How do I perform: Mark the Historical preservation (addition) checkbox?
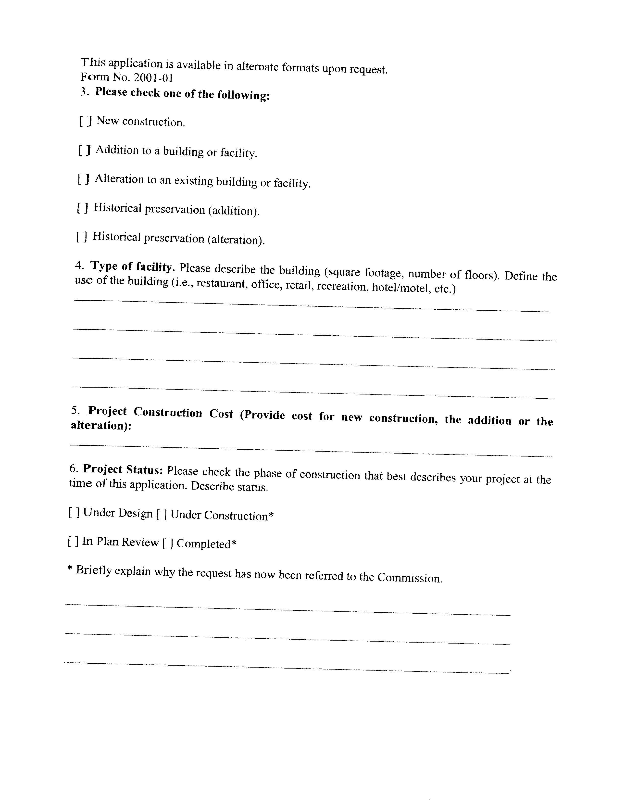point(83,208)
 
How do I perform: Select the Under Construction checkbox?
point(161,515)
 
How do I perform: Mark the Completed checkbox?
point(167,544)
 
